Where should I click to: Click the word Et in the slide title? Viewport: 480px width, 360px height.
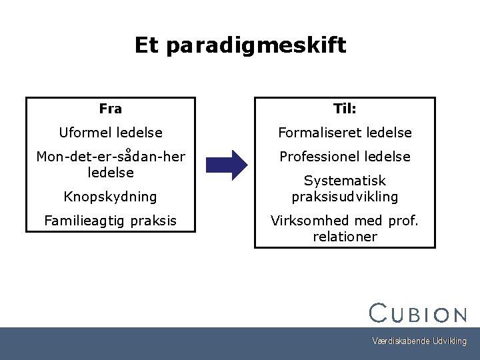pos(147,45)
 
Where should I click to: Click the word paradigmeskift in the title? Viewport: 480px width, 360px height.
pos(257,47)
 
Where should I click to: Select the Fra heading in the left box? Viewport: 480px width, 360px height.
pos(110,109)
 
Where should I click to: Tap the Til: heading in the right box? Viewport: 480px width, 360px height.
pos(345,109)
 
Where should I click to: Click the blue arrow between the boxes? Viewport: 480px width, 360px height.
pos(226,165)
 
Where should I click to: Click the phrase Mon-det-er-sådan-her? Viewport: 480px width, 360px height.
pos(111,157)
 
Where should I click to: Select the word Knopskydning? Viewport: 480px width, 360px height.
pos(110,197)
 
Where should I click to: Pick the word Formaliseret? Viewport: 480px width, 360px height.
pos(317,133)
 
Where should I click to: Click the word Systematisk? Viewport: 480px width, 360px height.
pos(345,181)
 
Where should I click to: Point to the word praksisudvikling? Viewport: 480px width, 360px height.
pos(345,197)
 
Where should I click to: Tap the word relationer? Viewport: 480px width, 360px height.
pos(345,237)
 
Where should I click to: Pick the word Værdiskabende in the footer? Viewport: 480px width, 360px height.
pos(401,341)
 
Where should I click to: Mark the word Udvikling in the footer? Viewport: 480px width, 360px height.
pos(449,341)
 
